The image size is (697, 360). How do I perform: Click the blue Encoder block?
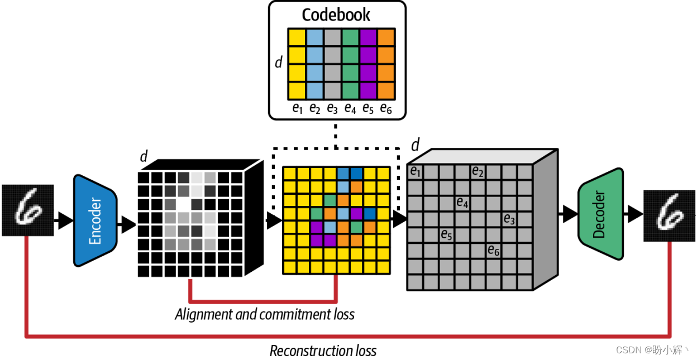(95, 221)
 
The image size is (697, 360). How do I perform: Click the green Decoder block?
(600, 214)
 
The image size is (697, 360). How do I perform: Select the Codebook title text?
(336, 15)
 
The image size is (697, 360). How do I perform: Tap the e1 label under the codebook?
(297, 108)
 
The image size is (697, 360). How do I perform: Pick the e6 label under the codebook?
(385, 108)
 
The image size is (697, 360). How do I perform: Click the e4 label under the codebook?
(350, 108)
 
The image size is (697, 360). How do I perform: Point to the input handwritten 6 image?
(27, 210)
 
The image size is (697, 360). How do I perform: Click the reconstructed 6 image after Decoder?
(669, 215)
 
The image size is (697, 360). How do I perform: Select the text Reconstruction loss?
(323, 351)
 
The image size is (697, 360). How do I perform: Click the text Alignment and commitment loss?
(265, 314)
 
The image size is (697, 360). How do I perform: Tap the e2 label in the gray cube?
(477, 171)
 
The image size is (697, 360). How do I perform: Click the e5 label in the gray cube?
(446, 234)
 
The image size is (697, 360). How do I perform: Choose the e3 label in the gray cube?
(508, 218)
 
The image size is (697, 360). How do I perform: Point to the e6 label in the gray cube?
(493, 250)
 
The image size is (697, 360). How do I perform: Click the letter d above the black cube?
(144, 157)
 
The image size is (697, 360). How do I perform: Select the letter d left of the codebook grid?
(278, 62)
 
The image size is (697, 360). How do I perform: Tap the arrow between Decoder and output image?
(633, 213)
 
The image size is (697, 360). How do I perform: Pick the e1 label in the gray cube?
(415, 171)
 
